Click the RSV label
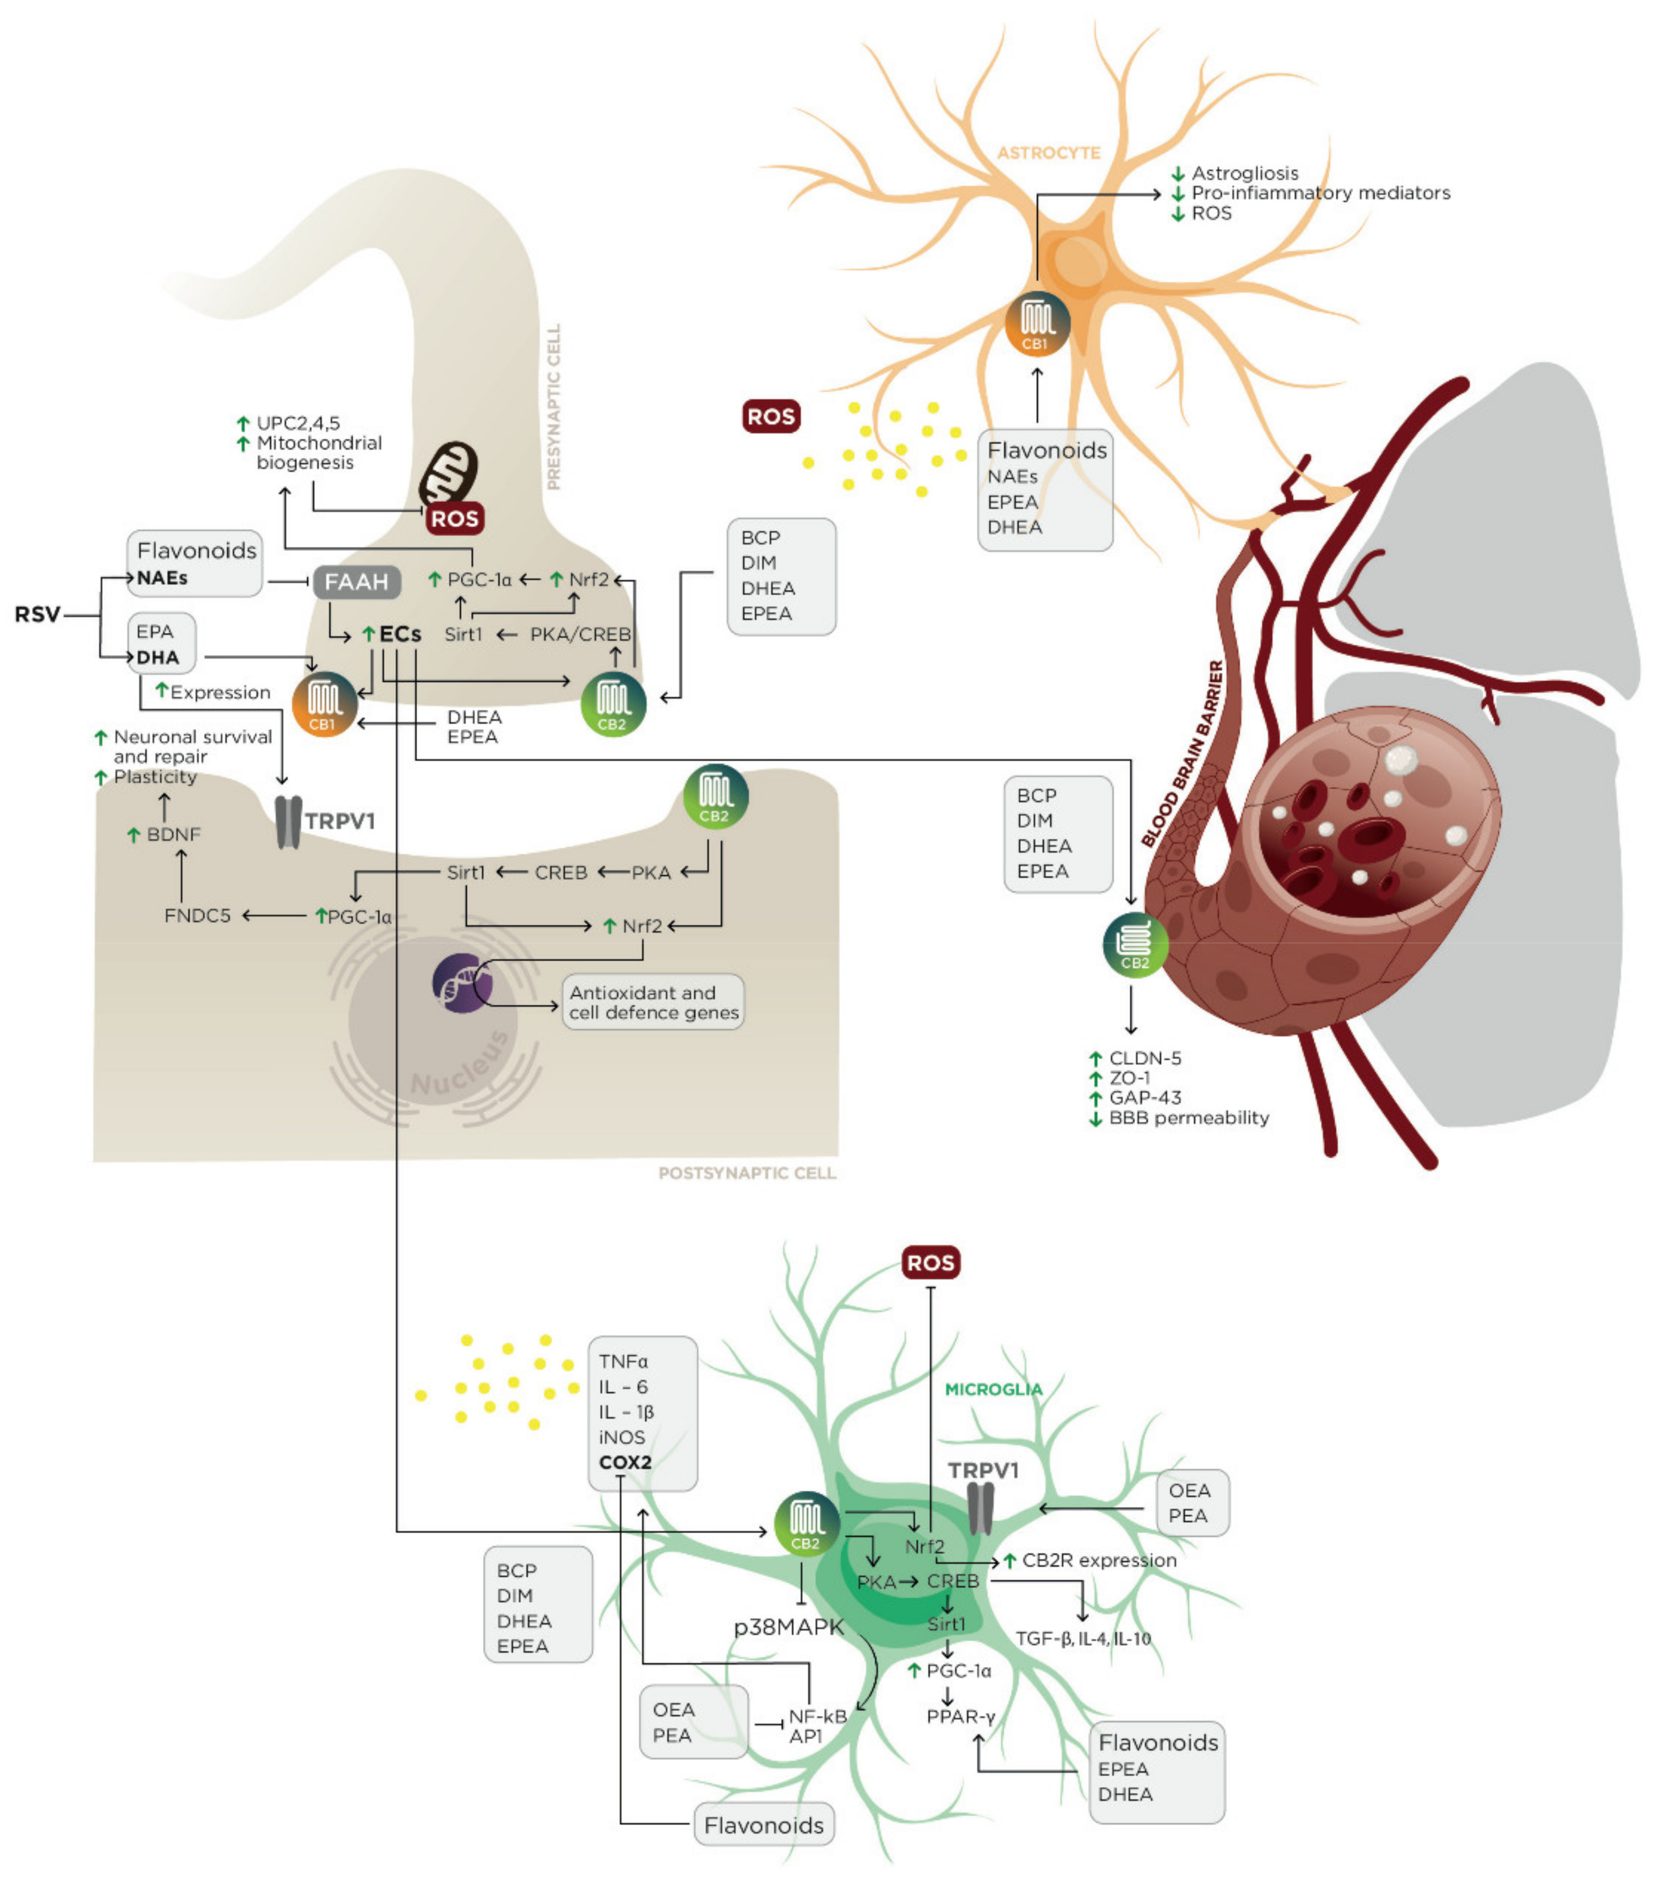[x=37, y=614]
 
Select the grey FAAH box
[x=357, y=582]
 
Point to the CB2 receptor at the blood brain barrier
[x=1135, y=944]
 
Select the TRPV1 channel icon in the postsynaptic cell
[x=289, y=821]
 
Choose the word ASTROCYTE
[x=1048, y=153]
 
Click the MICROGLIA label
[x=994, y=1389]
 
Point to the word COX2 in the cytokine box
[x=625, y=1462]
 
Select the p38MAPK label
[x=789, y=1627]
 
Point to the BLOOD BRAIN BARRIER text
[x=1182, y=754]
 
